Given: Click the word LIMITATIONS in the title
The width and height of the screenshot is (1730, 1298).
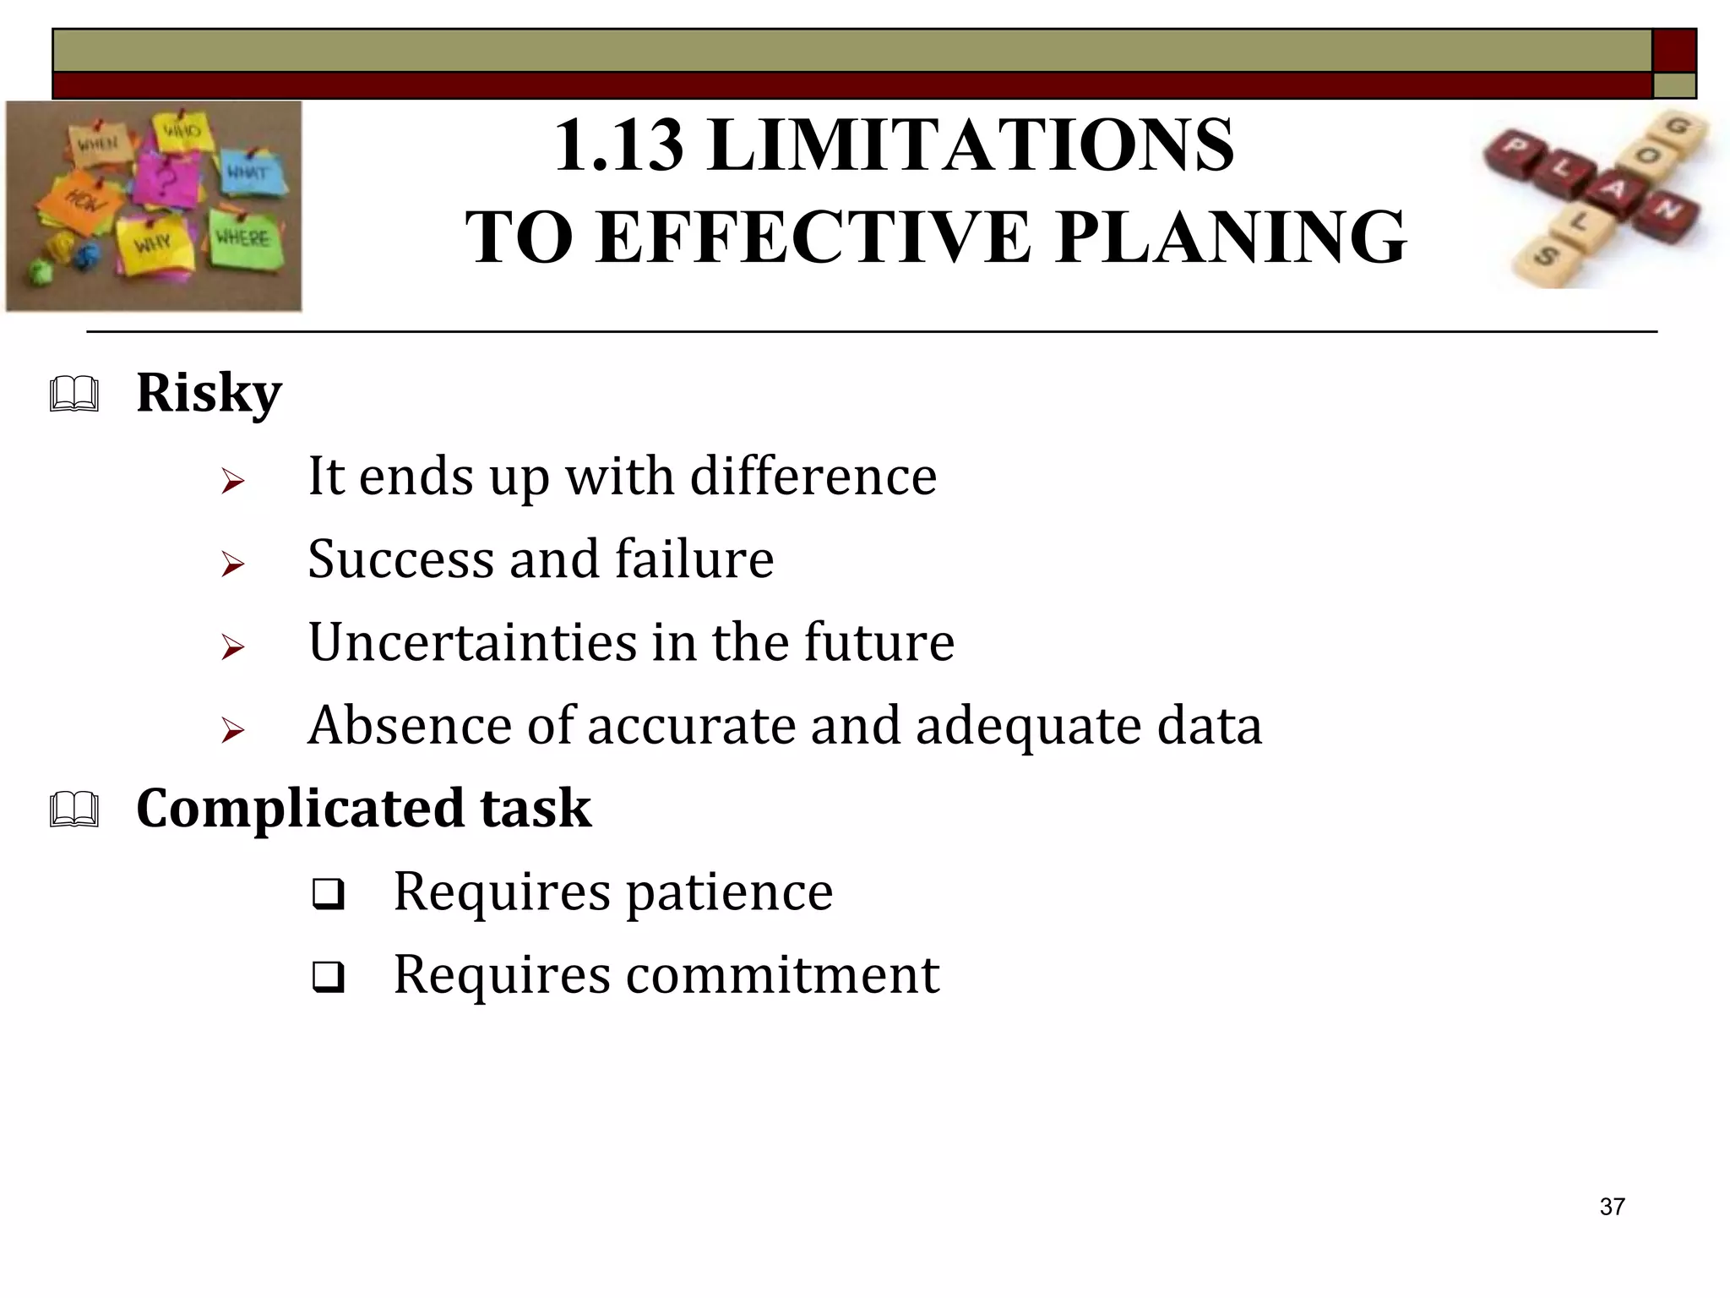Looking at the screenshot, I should click(x=971, y=145).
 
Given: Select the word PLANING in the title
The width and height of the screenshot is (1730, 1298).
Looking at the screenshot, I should click(x=1232, y=238).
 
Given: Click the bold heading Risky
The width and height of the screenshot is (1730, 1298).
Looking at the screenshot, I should click(x=209, y=393).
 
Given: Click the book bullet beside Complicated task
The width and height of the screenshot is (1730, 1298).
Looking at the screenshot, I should click(x=74, y=810).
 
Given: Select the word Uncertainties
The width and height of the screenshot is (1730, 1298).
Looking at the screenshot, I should click(x=472, y=642).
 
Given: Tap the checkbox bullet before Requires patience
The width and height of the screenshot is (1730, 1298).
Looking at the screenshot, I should click(x=328, y=894).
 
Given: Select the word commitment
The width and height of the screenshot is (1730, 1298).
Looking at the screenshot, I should click(x=782, y=974).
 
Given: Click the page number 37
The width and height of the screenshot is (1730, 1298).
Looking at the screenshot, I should click(x=1612, y=1207).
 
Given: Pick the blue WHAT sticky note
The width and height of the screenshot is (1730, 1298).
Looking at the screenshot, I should click(x=249, y=173).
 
